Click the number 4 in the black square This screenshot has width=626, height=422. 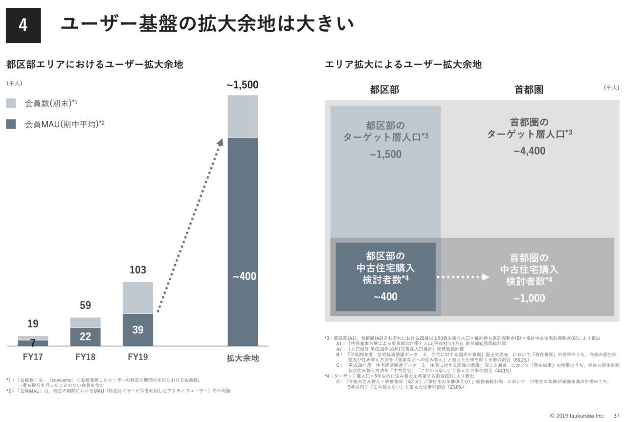coord(23,25)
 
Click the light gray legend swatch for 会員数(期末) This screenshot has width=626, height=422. coord(11,103)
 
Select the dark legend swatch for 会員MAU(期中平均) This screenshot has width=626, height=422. coord(11,124)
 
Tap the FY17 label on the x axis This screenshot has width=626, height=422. coord(33,356)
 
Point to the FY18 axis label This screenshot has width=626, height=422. coord(86,356)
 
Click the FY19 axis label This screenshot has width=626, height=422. coord(137,356)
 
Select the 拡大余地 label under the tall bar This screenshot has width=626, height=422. coord(243,357)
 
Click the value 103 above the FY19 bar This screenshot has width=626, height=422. coord(137,270)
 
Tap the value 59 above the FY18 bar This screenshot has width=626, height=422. coord(85,306)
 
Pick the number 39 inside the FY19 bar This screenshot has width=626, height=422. coord(138,330)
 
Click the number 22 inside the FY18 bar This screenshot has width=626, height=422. coord(85,337)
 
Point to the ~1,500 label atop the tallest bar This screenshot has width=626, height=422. coord(242,85)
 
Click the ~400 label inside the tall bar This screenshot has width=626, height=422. coord(244,277)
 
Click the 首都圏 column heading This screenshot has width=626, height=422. coord(529,89)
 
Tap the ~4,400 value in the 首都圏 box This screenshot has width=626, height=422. coord(529,151)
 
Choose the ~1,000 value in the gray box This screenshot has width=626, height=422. coord(529,298)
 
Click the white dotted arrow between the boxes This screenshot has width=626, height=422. coord(463,277)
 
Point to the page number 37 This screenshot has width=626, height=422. coord(616,416)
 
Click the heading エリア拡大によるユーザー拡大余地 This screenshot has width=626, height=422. coord(403,64)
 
